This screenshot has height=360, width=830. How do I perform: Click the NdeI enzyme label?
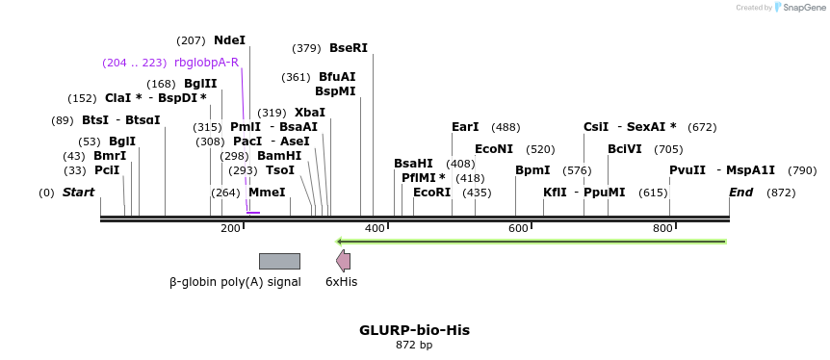229,40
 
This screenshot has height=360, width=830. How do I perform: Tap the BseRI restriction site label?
349,48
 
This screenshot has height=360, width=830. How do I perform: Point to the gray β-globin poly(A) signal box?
279,261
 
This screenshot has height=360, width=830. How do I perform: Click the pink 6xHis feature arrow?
343,261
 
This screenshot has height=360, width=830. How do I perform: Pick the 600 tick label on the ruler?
519,228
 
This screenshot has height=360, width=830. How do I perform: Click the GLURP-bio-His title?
414,329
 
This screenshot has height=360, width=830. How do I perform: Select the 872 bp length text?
414,345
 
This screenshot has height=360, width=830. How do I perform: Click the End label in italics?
740,193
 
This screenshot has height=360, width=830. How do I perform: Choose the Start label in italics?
78,193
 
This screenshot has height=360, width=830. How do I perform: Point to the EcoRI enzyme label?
431,193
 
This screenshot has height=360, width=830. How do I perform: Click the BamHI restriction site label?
279,156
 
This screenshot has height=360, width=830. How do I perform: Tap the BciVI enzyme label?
625,149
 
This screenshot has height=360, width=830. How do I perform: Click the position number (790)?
802,170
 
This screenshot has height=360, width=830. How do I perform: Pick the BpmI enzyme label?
532,170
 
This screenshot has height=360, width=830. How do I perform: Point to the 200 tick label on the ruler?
230,228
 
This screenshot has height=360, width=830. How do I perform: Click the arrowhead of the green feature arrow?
340,241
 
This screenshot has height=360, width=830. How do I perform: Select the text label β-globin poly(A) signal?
235,282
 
